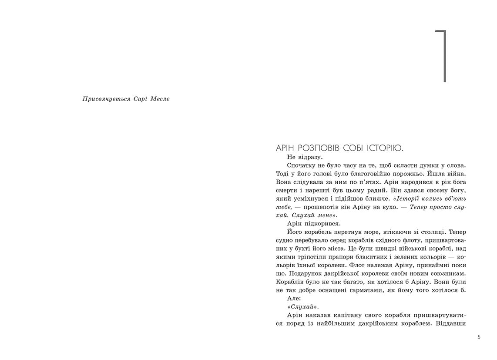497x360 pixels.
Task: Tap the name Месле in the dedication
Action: [x=160, y=99]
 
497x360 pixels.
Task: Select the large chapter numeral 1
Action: [x=442, y=56]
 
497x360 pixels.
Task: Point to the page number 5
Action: [x=479, y=337]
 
